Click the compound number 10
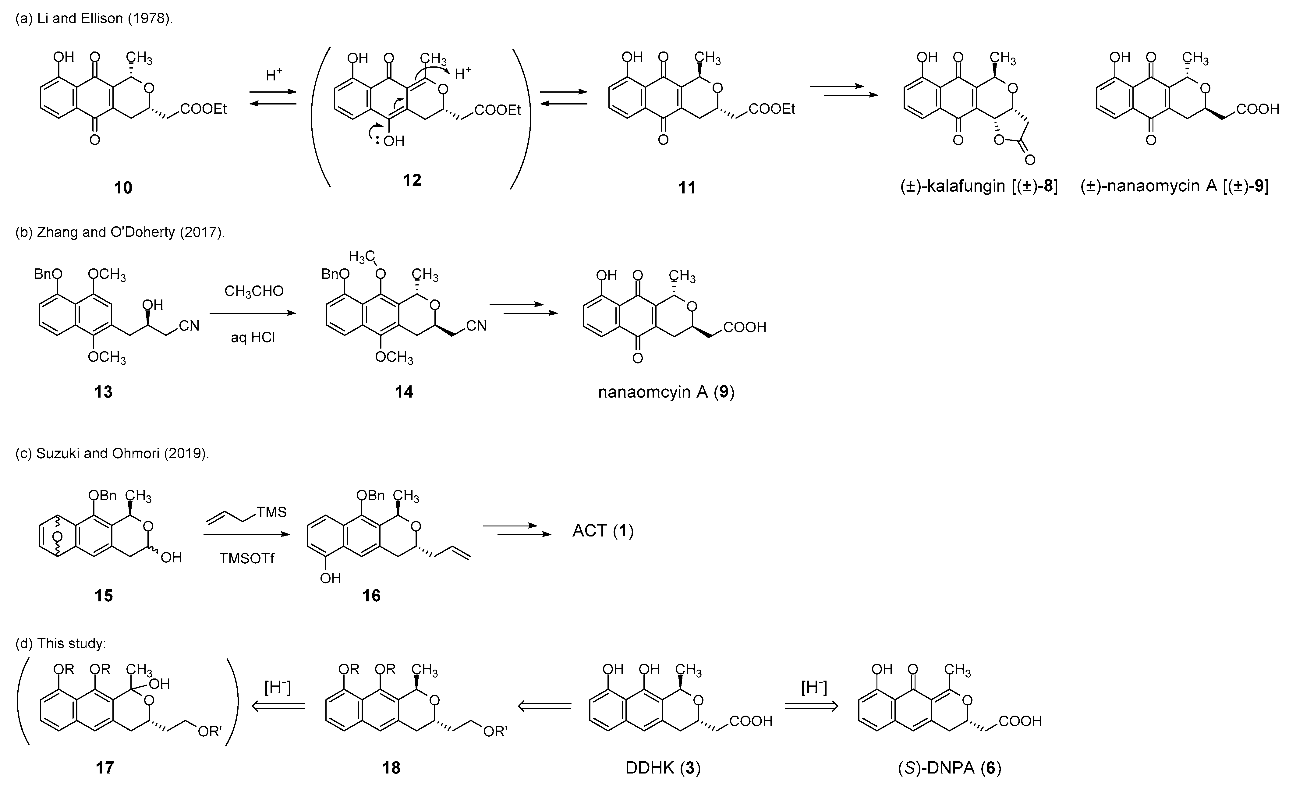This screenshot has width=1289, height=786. click(123, 188)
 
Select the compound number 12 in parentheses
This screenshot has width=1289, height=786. click(412, 180)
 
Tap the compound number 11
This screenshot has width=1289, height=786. click(687, 188)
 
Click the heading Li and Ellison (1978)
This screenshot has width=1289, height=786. click(94, 19)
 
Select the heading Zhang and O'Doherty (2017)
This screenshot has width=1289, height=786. click(120, 232)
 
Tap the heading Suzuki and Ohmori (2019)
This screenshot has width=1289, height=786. click(112, 453)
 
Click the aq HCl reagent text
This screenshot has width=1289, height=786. click(253, 337)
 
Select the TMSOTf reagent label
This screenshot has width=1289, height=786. click(246, 558)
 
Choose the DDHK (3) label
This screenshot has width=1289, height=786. click(663, 768)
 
